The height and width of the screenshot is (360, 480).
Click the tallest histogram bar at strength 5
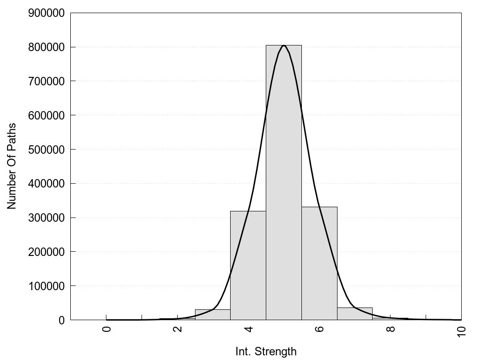pyautogui.click(x=284, y=183)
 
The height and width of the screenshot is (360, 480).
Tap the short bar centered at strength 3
pyautogui.click(x=212, y=315)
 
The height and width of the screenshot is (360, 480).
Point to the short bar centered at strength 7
pyautogui.click(x=355, y=314)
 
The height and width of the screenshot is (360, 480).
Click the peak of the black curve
pyautogui.click(x=284, y=45)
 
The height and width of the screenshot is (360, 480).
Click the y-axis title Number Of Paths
pyautogui.click(x=12, y=166)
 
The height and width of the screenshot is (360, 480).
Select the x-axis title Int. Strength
pyautogui.click(x=266, y=352)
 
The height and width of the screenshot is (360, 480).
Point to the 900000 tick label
pyautogui.click(x=46, y=13)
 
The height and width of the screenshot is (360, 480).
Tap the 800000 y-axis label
pyautogui.click(x=46, y=47)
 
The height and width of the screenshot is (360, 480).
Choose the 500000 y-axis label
pyautogui.click(x=46, y=150)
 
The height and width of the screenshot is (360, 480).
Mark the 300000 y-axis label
pyautogui.click(x=46, y=217)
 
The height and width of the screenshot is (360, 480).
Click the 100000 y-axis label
pyautogui.click(x=46, y=286)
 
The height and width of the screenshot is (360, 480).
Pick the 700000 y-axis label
pyautogui.click(x=46, y=81)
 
